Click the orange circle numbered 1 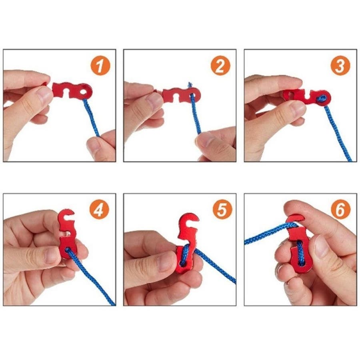pyautogui.click(x=100, y=66)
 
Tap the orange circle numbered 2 pyautogui.click(x=220, y=66)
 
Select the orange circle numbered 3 pyautogui.click(x=340, y=66)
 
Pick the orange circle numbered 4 pyautogui.click(x=100, y=210)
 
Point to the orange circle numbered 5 pyautogui.click(x=222, y=210)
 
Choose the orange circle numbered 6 pyautogui.click(x=341, y=210)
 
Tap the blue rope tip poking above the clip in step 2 pyautogui.click(x=190, y=85)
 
